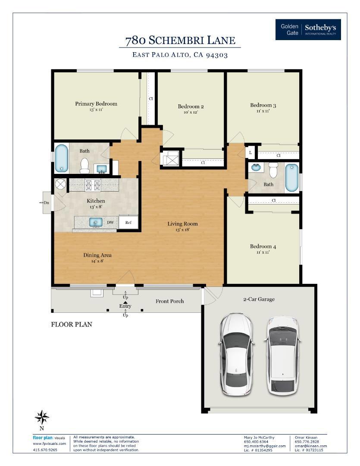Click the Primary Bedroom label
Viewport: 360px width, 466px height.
[96, 104]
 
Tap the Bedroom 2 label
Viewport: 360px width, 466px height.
[191, 107]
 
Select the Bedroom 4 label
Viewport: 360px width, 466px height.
[263, 246]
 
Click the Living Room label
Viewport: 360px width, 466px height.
[182, 224]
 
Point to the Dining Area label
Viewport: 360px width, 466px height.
[97, 255]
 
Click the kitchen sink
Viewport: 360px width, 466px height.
[96, 222]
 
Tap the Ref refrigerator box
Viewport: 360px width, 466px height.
[128, 222]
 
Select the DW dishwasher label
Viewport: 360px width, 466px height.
[110, 222]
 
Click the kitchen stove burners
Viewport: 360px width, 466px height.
[93, 185]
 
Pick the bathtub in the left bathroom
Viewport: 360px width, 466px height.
[62, 158]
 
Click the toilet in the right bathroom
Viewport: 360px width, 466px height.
[273, 169]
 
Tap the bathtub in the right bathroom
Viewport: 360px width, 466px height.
[292, 178]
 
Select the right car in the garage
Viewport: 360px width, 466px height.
[282, 356]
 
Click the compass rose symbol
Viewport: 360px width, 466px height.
[42, 417]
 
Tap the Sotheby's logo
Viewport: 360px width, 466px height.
[308, 29]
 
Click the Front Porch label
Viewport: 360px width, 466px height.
[169, 301]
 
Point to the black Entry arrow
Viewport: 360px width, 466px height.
[125, 302]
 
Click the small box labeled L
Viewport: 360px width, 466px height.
[250, 152]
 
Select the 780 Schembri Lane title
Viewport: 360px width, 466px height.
[180, 41]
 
